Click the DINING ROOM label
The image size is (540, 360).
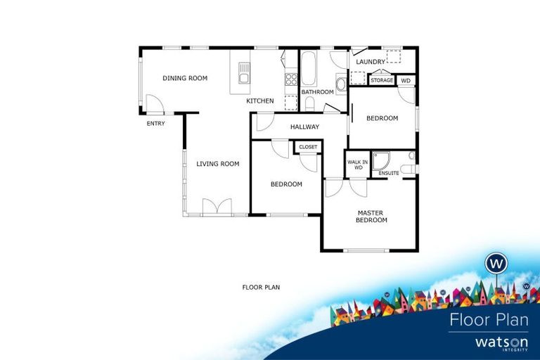(185, 78)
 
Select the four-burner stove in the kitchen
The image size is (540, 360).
(290, 79)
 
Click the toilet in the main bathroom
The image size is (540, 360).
(309, 103)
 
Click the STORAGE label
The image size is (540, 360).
(382, 81)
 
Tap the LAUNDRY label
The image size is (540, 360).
(371, 62)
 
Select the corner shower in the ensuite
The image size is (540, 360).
(382, 160)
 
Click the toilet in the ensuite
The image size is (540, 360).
(412, 155)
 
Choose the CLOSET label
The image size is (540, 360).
(308, 147)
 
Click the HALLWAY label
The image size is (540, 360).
(304, 127)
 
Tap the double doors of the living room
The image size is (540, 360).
(217, 208)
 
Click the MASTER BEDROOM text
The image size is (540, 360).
(372, 216)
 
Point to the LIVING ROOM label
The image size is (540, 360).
(217, 164)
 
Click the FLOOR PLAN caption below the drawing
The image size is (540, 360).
(261, 287)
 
